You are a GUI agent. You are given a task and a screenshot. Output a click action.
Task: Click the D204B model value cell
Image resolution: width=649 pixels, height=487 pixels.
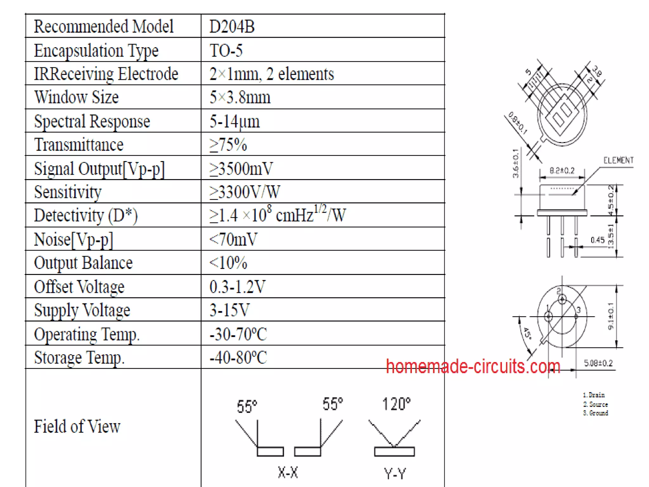click(x=232, y=26)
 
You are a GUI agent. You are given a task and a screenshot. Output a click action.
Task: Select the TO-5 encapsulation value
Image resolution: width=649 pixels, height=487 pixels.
click(x=226, y=50)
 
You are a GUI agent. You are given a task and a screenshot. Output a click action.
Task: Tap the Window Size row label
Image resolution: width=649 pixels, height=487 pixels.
click(x=76, y=97)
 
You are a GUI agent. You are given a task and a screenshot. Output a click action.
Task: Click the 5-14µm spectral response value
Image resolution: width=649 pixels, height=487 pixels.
click(x=235, y=121)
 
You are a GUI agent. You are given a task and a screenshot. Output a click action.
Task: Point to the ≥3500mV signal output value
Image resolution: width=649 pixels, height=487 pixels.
click(x=241, y=168)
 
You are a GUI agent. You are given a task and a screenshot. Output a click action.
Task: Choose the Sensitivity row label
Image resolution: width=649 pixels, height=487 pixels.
click(x=68, y=192)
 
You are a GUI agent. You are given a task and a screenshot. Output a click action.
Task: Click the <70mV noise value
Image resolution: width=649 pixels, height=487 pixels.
click(x=233, y=239)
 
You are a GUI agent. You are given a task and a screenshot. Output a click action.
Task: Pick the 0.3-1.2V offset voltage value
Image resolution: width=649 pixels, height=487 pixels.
click(x=237, y=287)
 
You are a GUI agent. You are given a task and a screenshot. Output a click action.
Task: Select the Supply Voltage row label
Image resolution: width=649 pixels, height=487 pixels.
click(x=82, y=310)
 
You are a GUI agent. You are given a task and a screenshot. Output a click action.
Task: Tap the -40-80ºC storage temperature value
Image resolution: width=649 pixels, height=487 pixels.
click(x=238, y=357)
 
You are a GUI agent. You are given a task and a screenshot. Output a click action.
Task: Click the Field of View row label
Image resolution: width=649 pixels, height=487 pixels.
click(x=77, y=426)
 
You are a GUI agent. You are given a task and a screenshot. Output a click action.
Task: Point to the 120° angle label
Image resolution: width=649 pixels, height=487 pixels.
click(x=396, y=404)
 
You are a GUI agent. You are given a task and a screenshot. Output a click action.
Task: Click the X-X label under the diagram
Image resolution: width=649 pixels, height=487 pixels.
click(x=288, y=472)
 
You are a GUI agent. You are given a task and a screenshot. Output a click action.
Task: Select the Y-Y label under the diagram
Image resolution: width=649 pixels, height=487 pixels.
click(x=395, y=474)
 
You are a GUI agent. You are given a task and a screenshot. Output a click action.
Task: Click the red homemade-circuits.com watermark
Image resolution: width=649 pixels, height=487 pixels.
click(x=473, y=367)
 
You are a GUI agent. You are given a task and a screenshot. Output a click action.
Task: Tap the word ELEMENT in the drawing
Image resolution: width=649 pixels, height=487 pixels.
click(x=618, y=160)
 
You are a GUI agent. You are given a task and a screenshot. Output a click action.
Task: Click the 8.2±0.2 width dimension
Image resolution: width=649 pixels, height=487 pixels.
click(x=562, y=171)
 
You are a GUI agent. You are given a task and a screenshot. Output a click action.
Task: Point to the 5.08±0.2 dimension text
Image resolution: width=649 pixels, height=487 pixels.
click(x=598, y=363)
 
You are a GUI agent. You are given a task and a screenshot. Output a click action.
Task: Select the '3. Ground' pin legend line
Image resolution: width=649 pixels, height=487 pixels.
click(x=595, y=413)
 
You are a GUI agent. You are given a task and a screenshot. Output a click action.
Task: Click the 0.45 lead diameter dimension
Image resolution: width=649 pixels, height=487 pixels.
click(x=597, y=240)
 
